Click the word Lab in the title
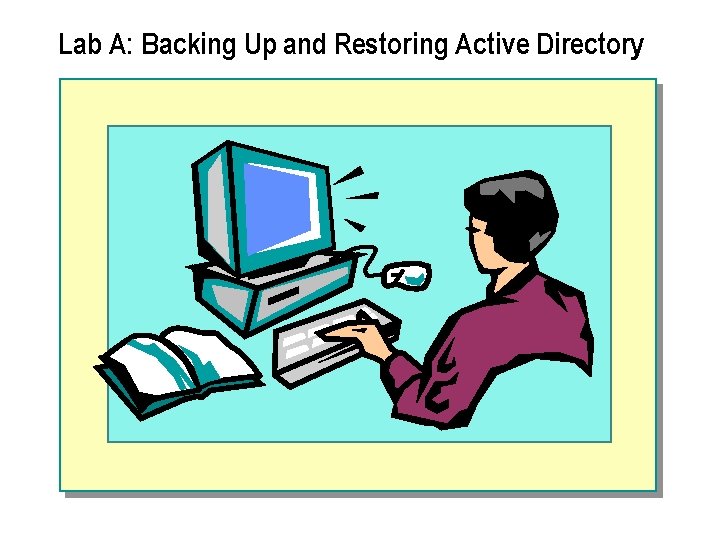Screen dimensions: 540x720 tap(77, 45)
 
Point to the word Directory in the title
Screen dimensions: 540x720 tap(590, 45)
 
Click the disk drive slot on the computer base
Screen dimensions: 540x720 tap(286, 297)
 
